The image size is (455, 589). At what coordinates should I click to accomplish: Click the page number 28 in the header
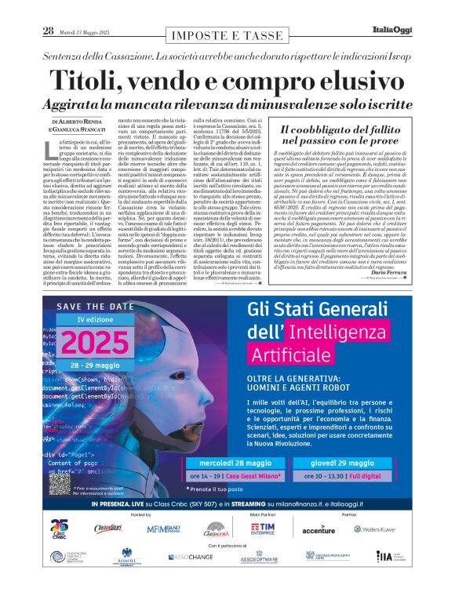[x=48, y=31]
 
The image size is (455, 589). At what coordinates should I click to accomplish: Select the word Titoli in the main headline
[x=89, y=82]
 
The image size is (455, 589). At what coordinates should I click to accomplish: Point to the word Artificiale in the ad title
[x=290, y=354]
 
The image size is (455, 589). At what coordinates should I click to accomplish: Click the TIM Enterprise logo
[x=256, y=529]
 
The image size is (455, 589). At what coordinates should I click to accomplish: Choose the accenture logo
[x=318, y=530]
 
